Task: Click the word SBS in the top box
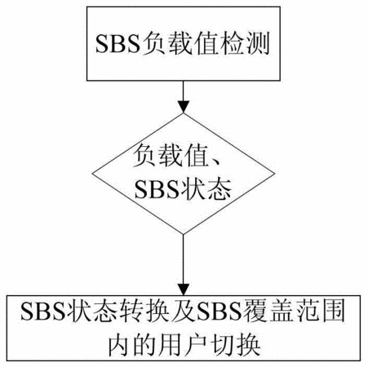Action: [x=117, y=44]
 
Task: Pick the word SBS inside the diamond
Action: [x=157, y=189]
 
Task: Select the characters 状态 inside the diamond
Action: [x=206, y=189]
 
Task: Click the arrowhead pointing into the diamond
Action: [x=184, y=106]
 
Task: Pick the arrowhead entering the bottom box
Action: [x=184, y=289]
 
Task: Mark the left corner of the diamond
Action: [x=92, y=174]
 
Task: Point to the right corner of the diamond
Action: [x=274, y=174]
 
